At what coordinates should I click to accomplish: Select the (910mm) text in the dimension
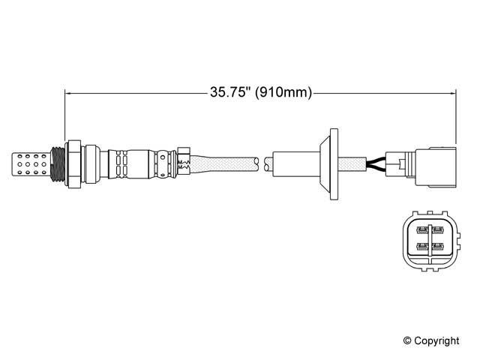tap(283, 92)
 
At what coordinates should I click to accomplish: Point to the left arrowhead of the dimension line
tap(68, 93)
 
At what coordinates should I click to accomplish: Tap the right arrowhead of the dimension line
tap(452, 93)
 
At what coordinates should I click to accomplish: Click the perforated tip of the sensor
tap(31, 164)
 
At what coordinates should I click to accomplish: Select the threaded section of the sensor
tap(58, 164)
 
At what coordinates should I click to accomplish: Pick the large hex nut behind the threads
tap(73, 164)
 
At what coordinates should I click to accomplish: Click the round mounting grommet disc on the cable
tap(334, 164)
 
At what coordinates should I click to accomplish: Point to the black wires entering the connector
tap(376, 164)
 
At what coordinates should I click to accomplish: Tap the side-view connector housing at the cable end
tap(436, 167)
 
